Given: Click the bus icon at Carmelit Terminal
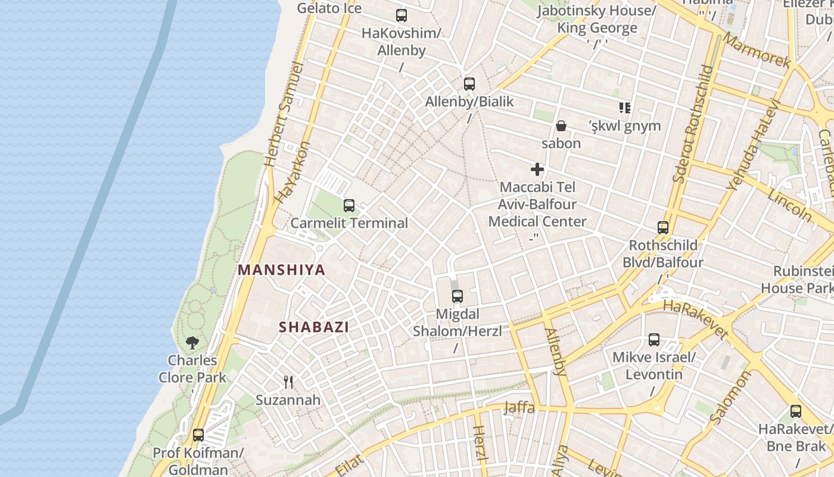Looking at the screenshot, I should (349, 206).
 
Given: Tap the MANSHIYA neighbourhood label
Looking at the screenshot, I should (282, 270).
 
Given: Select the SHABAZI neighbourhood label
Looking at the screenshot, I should (314, 327).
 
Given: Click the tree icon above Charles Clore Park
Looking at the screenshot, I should (192, 342).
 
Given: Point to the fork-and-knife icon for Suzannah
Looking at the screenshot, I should (288, 382).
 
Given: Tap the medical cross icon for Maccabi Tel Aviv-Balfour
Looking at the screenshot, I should (537, 169).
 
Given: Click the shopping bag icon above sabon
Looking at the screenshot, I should (561, 126).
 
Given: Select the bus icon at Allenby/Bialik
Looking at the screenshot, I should (469, 84).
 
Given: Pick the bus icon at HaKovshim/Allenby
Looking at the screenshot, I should (402, 16).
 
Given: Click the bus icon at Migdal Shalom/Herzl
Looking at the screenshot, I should (458, 296).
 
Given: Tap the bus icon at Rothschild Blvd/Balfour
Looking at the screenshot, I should (663, 227).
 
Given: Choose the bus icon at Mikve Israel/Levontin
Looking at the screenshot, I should (654, 340).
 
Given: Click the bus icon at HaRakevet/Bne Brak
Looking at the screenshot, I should (796, 411).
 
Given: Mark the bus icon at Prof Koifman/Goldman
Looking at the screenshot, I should (198, 435).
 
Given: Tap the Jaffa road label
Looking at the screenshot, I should (519, 408).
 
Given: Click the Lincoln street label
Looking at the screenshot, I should (789, 206).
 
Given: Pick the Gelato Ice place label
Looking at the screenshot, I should (329, 8).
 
